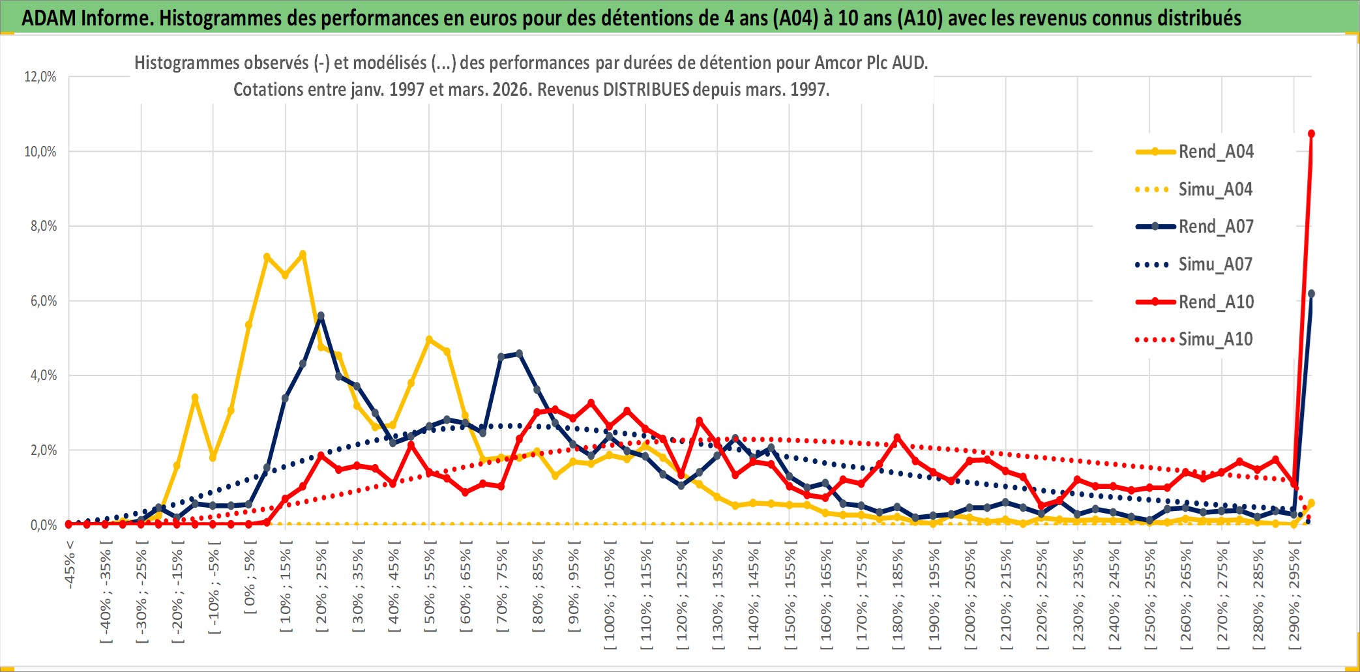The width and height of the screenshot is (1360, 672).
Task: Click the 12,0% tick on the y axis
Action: click(40, 77)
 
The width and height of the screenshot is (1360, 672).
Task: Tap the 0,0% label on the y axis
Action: click(43, 525)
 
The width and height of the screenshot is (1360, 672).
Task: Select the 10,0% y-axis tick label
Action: click(40, 152)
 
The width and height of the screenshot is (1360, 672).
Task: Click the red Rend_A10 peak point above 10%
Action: click(1311, 134)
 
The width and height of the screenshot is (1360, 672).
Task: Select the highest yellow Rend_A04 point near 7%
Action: click(303, 254)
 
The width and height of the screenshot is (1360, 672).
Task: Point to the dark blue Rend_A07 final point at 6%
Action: click(1311, 294)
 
